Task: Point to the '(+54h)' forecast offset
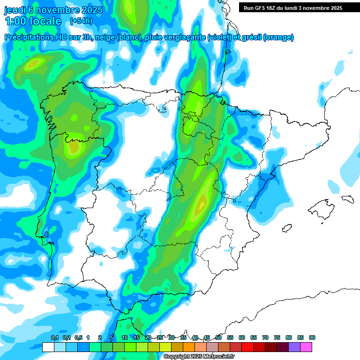[x=81, y=21]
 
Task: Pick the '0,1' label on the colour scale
[x=54, y=338]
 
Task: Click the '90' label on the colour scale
[x=312, y=338]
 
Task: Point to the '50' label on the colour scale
[x=218, y=338]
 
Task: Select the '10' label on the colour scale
[x=125, y=338]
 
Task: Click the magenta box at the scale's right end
[x=306, y=347]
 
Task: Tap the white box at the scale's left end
[x=48, y=347]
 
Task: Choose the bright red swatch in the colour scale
[x=247, y=347]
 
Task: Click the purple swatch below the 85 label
[x=294, y=347]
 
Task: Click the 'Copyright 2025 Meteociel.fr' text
[x=199, y=357]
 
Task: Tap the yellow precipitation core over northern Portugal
[x=74, y=147]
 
